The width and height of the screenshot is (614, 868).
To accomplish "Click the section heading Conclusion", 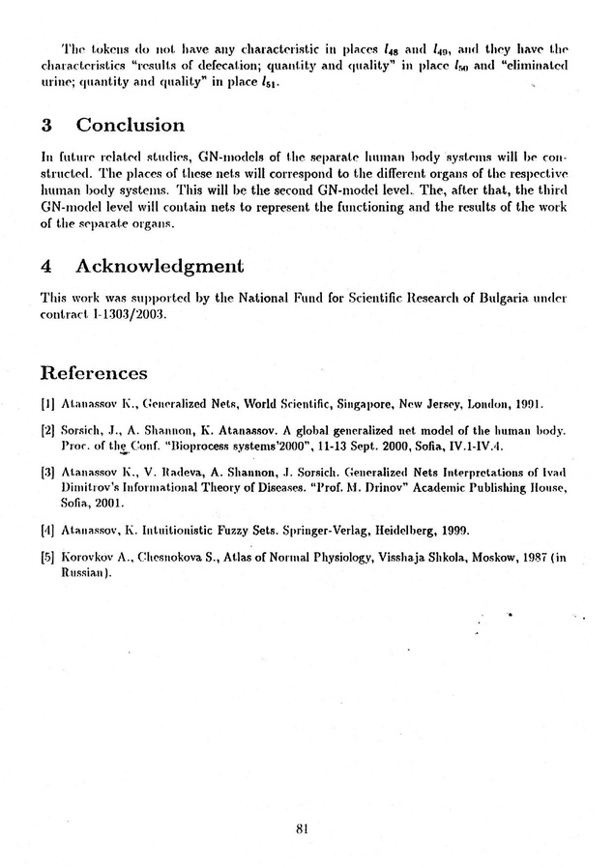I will pos(130,126).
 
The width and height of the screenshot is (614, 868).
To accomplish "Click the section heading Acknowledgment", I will pos(157,265).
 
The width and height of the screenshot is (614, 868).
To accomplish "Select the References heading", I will pos(94,373).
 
